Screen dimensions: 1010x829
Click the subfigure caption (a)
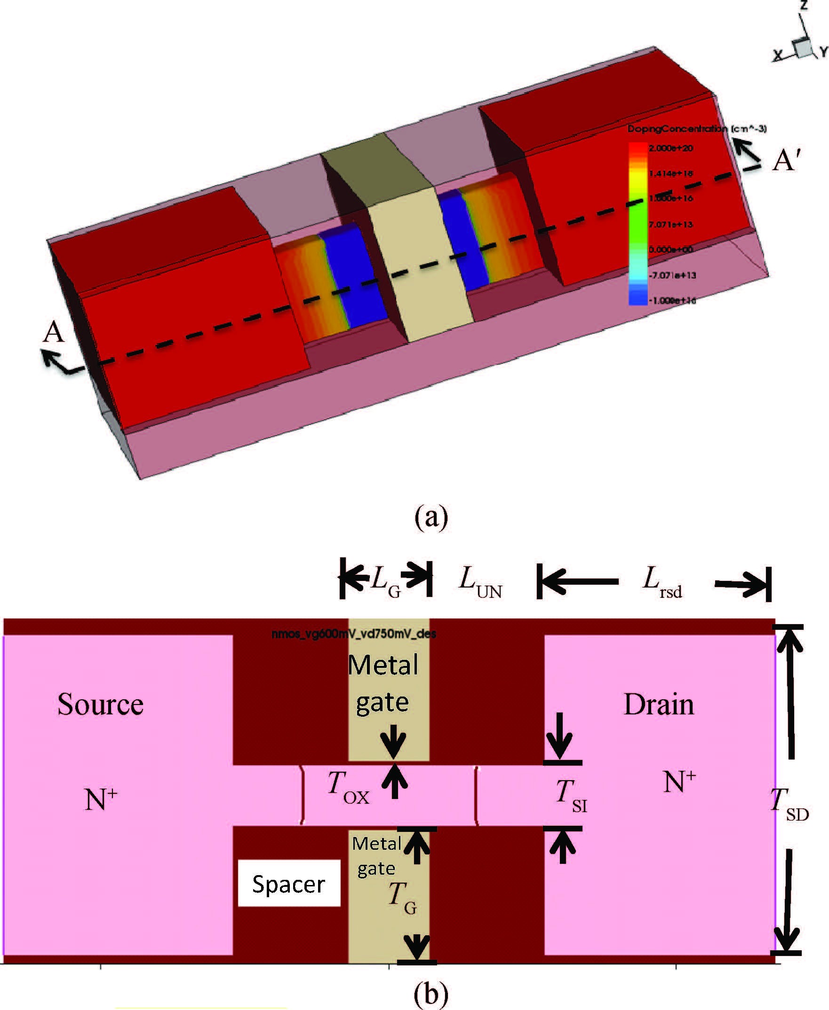(x=431, y=517)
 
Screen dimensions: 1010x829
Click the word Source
(x=100, y=704)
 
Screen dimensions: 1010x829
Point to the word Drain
(x=659, y=704)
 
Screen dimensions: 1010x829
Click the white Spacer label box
(x=289, y=884)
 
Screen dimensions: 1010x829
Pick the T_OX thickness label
(x=348, y=789)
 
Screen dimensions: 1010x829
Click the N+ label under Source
(x=101, y=799)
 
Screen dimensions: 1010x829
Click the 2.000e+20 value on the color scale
(x=670, y=149)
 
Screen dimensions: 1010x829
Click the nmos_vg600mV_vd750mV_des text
(x=353, y=634)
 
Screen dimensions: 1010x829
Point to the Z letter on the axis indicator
(x=804, y=6)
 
